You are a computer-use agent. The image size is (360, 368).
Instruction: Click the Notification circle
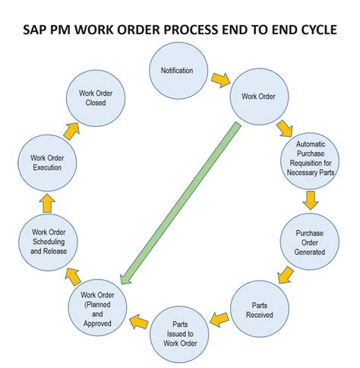pos(176,71)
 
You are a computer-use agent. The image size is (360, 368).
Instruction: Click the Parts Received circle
pos(260,309)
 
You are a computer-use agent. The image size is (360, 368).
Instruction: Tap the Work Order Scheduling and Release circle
pos(49,243)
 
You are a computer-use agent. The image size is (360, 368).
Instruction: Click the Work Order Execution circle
pos(47,162)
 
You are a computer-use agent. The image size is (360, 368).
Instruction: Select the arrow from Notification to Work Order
pos(219,79)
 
